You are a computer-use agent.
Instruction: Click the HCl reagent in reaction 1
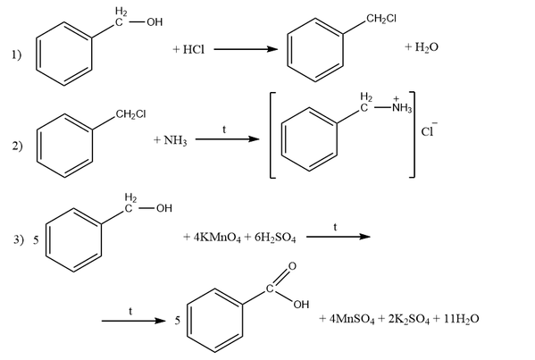pos(194,49)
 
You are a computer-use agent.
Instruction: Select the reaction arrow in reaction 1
pos(246,49)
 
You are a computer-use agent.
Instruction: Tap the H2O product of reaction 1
pos(427,47)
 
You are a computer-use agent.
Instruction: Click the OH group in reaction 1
pos(155,22)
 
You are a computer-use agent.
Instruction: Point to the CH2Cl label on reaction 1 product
pos(381,19)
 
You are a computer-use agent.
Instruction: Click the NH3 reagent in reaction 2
pos(175,140)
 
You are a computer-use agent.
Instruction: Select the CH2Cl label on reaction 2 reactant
pos(130,114)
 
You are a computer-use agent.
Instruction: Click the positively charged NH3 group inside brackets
pos(402,105)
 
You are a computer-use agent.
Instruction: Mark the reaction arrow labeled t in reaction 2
pos(227,139)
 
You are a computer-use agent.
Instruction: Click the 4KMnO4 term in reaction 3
pos(217,238)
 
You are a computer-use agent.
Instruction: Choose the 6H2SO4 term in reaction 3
pos(275,238)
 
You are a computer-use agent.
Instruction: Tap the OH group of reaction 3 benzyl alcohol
pos(164,208)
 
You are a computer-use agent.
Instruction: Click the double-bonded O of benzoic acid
pos(292,266)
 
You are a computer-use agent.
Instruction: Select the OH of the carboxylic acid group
pos(301,305)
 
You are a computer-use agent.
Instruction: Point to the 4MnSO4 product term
pos(352,319)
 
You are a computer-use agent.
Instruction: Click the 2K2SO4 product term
pos(409,319)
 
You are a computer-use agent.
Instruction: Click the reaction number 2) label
pos(17,146)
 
